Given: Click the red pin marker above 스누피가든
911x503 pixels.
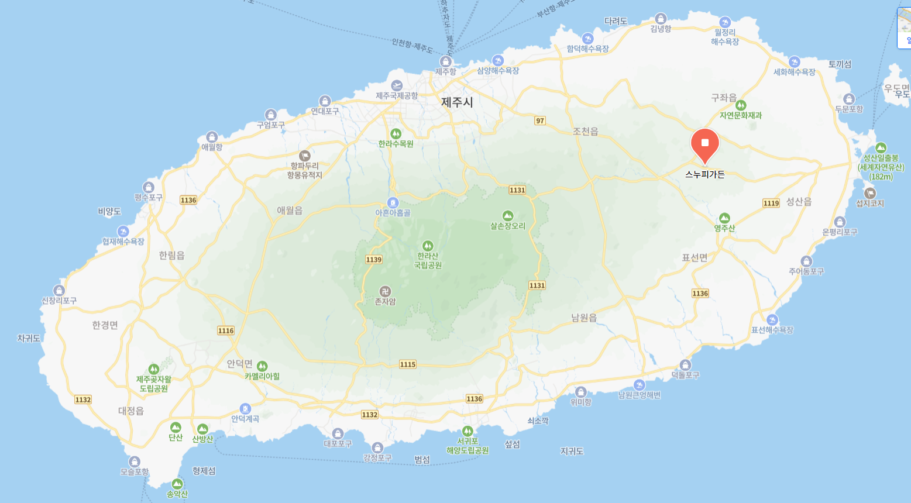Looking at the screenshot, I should (704, 144).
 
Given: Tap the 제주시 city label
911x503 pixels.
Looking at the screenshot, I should (457, 102).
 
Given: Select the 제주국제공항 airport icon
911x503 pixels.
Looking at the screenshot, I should (397, 85).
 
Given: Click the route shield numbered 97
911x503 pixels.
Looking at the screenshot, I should (539, 120).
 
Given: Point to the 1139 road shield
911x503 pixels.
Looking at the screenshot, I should (373, 259).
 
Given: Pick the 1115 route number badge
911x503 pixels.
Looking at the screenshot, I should (408, 364).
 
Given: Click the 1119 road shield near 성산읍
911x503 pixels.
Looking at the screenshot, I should (771, 203).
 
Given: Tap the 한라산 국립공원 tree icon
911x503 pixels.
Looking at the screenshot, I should (428, 246).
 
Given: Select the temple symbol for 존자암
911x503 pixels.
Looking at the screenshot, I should (385, 291).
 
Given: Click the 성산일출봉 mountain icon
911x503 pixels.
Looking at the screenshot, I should (881, 148).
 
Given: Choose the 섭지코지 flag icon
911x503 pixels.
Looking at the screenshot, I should (870, 193).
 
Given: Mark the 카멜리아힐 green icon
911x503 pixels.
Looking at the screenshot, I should (262, 366).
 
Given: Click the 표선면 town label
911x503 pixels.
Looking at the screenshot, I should (695, 257).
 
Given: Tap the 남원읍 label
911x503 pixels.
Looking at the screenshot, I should (584, 318).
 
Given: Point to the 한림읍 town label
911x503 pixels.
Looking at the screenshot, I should (171, 255).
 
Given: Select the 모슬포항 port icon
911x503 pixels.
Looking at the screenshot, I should (135, 461).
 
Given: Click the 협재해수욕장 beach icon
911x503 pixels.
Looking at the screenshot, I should (123, 232).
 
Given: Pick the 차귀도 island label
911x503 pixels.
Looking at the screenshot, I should (29, 338).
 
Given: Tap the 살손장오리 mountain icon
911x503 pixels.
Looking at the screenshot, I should (508, 216).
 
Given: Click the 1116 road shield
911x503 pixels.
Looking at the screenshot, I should (226, 330).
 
